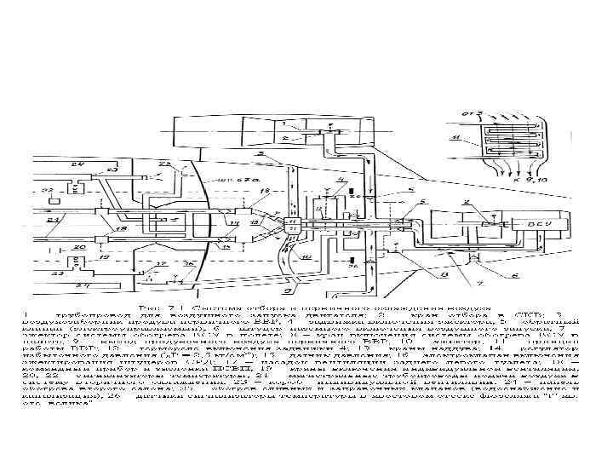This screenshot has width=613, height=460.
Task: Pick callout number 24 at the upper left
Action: pos(79,163)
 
